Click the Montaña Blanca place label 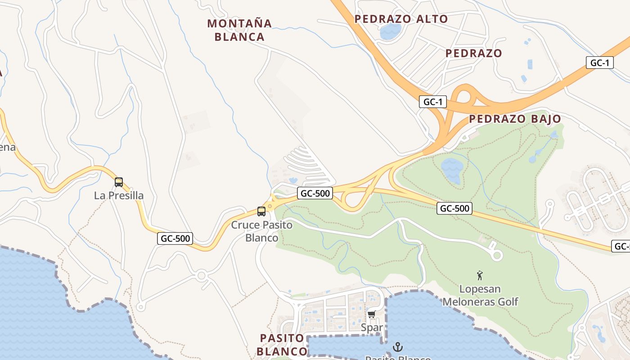click(x=239, y=30)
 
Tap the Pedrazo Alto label click(x=401, y=19)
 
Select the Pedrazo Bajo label click(x=515, y=119)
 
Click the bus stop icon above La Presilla click(x=119, y=182)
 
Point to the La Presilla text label click(x=119, y=196)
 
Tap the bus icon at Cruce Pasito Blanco click(x=261, y=211)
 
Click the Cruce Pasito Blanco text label click(x=261, y=231)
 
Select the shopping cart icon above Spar click(x=371, y=314)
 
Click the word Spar click(x=372, y=328)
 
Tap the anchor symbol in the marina click(x=397, y=346)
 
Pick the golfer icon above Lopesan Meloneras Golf click(x=480, y=275)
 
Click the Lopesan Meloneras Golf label click(x=480, y=295)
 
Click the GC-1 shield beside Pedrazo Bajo click(x=433, y=102)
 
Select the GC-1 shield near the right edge click(x=599, y=63)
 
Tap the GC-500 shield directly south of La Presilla click(x=175, y=238)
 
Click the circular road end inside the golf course click(x=496, y=256)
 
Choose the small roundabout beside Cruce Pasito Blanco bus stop click(x=270, y=206)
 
